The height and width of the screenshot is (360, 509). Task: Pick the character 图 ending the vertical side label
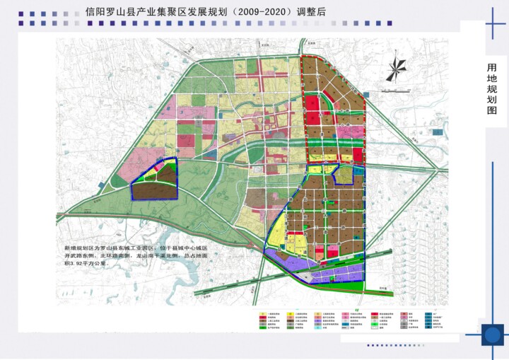(x=492, y=111)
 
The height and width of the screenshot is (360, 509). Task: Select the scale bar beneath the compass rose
(x=395, y=89)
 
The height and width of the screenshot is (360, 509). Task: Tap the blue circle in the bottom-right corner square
(x=492, y=334)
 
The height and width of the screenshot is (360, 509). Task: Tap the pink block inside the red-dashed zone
(x=344, y=131)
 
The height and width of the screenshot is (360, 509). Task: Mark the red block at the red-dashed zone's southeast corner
(x=358, y=155)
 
